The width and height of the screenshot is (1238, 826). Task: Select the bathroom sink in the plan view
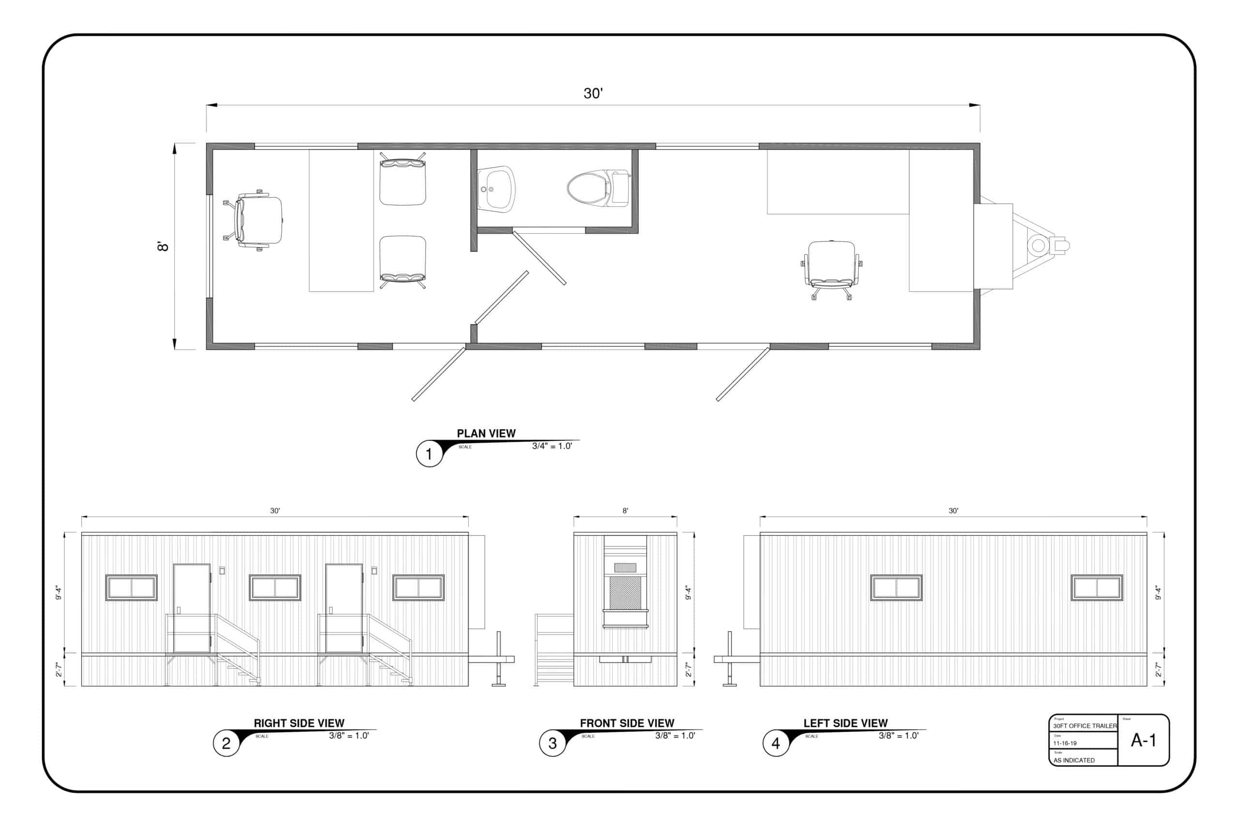[x=495, y=189]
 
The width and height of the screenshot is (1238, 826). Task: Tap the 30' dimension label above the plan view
[x=593, y=93]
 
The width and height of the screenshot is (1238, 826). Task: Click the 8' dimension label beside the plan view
[x=163, y=246]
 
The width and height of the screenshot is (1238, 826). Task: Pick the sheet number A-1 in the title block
[x=1143, y=740]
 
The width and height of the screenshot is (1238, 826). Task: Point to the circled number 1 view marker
[x=429, y=453]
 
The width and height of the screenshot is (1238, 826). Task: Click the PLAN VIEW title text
[x=486, y=433]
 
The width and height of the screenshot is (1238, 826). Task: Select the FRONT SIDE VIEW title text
[x=626, y=723]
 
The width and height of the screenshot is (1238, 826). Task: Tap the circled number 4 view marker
[x=775, y=743]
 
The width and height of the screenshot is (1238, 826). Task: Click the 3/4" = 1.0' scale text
[x=552, y=446]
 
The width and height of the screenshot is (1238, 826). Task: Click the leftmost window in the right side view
[x=131, y=587]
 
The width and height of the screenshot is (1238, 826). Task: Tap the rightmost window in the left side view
[x=1097, y=587]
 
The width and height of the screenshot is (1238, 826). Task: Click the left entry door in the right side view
[x=192, y=608]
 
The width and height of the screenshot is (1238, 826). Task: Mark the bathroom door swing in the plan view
[x=540, y=258]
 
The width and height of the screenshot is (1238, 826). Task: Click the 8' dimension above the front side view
[x=625, y=511]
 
